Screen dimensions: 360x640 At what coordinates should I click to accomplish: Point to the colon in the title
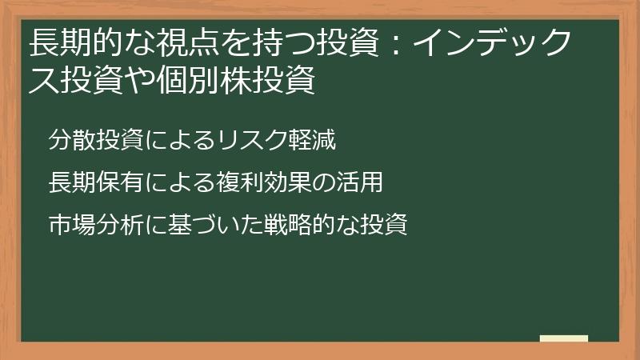399,45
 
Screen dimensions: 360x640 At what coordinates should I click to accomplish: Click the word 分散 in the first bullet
70,141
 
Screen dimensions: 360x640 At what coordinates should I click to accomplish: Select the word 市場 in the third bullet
70,225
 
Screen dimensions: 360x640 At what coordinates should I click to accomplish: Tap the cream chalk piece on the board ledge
564,338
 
